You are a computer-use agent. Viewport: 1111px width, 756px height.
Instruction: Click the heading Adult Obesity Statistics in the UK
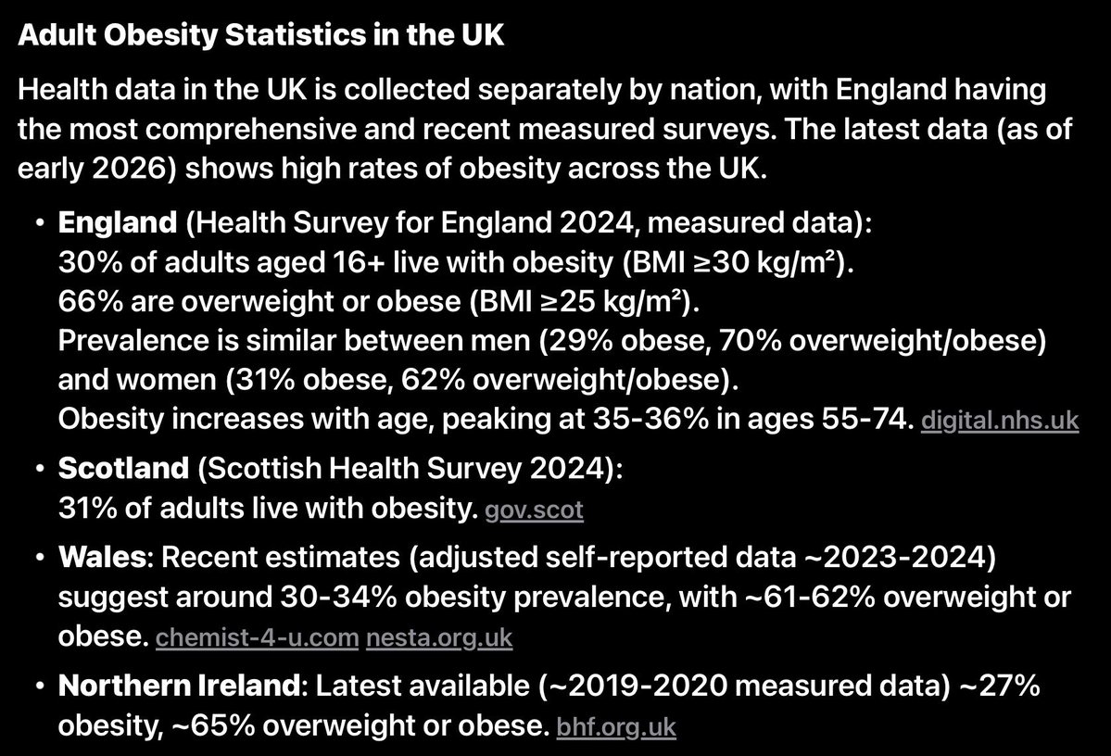(x=261, y=36)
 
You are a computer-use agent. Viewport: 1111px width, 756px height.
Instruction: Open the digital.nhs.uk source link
(x=998, y=421)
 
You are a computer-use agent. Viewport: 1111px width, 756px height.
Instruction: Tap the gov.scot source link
(x=535, y=510)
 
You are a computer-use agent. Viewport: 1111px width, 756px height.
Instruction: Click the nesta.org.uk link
(x=439, y=638)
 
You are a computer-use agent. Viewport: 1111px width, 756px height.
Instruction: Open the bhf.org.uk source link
(x=616, y=727)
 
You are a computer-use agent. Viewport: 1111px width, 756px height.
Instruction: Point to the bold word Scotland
(x=122, y=469)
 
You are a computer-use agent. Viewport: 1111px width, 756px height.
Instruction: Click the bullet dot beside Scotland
(x=36, y=470)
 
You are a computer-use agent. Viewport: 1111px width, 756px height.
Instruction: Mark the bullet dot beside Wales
(x=36, y=559)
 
